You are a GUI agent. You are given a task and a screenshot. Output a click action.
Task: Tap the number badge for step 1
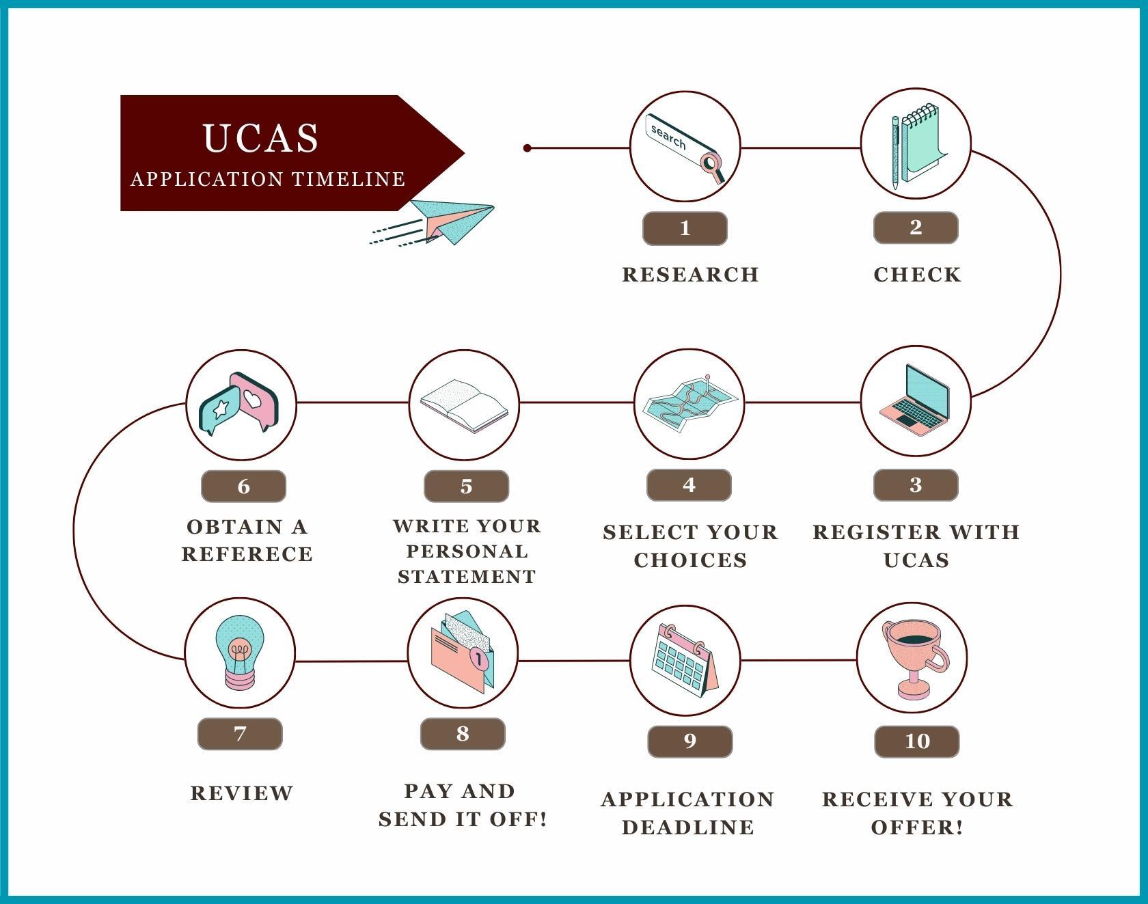(685, 228)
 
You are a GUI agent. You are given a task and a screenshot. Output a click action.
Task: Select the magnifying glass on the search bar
(713, 166)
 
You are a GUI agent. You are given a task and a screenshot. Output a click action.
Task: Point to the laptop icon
(915, 400)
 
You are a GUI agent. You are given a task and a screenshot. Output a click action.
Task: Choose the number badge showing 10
(917, 741)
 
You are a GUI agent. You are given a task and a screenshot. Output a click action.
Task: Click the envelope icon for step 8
(463, 653)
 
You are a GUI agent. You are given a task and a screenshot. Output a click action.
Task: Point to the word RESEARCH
(690, 275)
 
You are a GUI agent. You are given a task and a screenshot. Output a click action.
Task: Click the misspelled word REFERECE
(247, 554)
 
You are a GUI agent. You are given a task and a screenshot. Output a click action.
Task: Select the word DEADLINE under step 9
(688, 827)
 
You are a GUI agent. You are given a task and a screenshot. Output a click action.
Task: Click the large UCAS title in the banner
(261, 137)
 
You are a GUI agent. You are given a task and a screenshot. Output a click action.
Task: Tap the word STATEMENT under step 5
(467, 577)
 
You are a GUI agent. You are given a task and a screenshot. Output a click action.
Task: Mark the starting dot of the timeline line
(527, 148)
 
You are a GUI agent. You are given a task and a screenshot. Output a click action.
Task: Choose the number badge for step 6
(243, 487)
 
